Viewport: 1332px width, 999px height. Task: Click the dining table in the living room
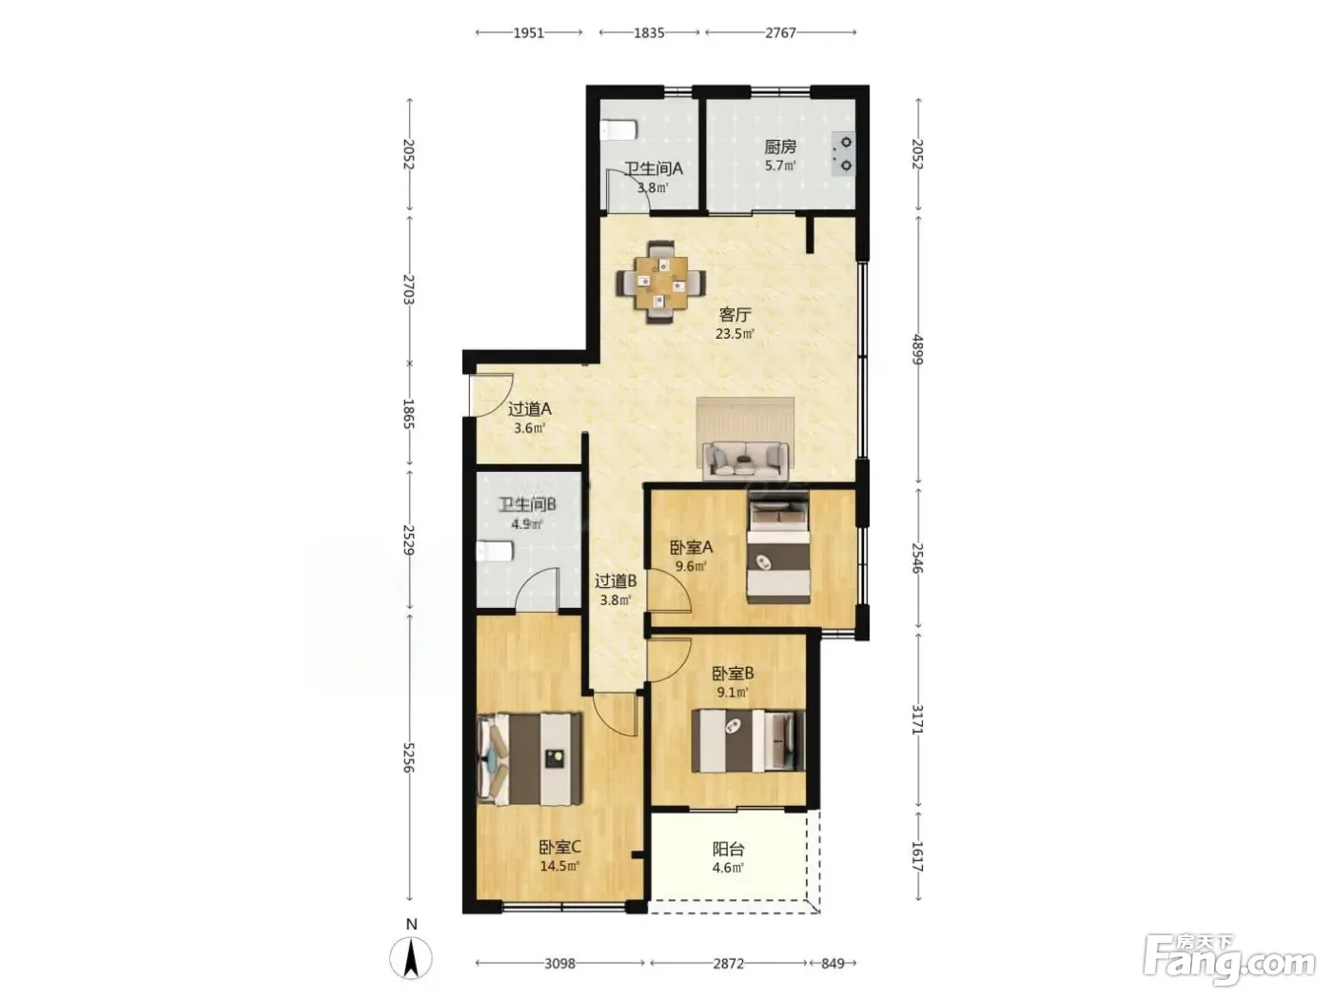coord(661,282)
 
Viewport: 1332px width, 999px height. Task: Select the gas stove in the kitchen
coord(844,153)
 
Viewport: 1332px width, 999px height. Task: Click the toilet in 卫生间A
coord(618,130)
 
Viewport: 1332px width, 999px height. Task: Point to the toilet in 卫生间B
coord(495,551)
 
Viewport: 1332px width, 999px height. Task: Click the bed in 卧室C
coord(529,759)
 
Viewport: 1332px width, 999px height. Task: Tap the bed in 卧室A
coord(778,546)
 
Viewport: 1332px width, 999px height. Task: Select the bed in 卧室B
coord(748,740)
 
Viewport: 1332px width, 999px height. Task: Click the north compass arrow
coord(411,958)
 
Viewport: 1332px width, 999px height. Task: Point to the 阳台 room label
coord(728,849)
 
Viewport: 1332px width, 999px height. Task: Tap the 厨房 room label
coord(780,147)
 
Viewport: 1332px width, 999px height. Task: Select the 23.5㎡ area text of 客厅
coord(735,334)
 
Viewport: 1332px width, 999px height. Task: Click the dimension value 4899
coord(917,349)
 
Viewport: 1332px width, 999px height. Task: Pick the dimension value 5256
coord(409,757)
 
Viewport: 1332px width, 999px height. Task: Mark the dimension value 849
coord(832,963)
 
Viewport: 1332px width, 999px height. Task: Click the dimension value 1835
coord(649,32)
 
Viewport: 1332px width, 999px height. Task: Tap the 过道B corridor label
coord(616,581)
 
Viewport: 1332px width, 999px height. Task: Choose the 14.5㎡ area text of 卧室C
coord(559,866)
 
